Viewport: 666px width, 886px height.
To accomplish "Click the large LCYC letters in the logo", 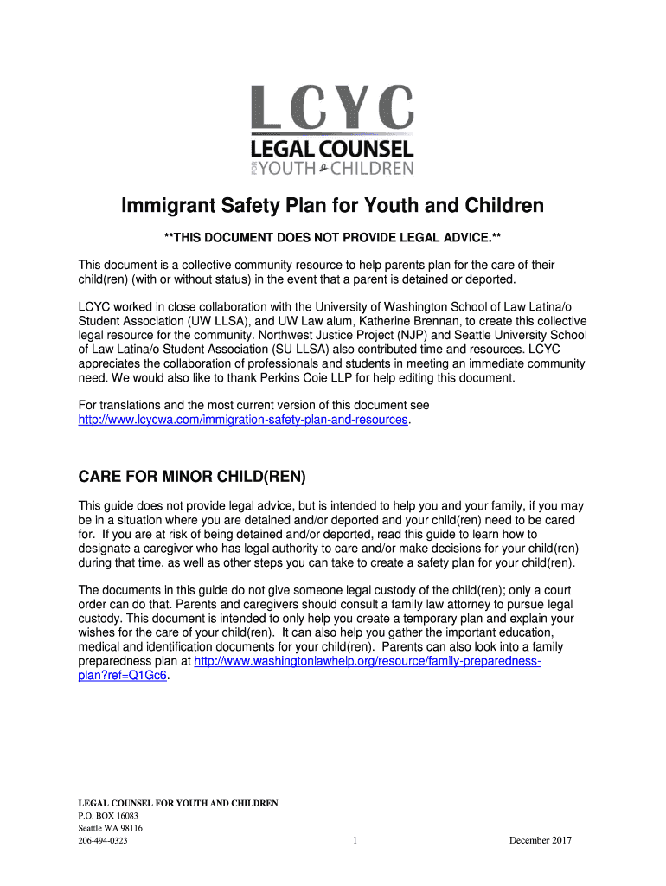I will tap(333, 108).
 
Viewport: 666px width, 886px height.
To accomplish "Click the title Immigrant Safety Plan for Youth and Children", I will tap(333, 206).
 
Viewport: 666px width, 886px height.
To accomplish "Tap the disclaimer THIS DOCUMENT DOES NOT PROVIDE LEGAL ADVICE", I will tap(333, 237).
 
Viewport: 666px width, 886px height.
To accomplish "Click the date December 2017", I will tap(541, 841).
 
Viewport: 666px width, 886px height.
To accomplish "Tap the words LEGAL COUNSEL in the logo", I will tap(333, 148).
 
